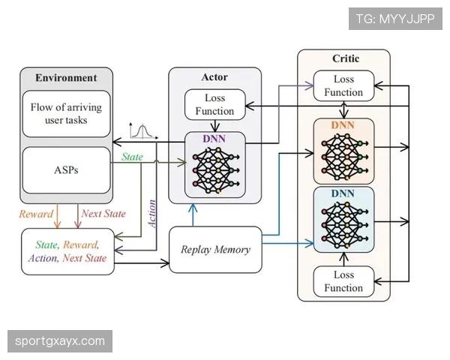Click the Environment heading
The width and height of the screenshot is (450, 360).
pos(66,77)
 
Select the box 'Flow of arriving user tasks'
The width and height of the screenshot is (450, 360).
pos(66,113)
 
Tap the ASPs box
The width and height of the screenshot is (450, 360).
pos(66,170)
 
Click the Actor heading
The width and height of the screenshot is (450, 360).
pos(214,76)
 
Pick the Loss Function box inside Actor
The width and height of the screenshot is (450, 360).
pos(214,105)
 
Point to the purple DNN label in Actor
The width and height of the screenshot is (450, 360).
pos(214,139)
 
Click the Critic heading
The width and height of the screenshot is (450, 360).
pos(346,58)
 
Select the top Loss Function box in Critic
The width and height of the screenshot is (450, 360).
pos(343,86)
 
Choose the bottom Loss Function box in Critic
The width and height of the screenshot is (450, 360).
pos(343,281)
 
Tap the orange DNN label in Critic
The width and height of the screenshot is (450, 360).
pos(343,125)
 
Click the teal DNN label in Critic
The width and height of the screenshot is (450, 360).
pos(343,194)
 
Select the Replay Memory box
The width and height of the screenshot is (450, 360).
pos(215,249)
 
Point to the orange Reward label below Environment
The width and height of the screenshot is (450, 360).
pos(36,214)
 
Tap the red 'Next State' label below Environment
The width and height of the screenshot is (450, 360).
pos(103,214)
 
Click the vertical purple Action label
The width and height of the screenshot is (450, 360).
pos(152,212)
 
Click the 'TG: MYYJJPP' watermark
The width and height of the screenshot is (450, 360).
pos(395,18)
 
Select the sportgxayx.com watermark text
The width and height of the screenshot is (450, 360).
pos(60,341)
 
